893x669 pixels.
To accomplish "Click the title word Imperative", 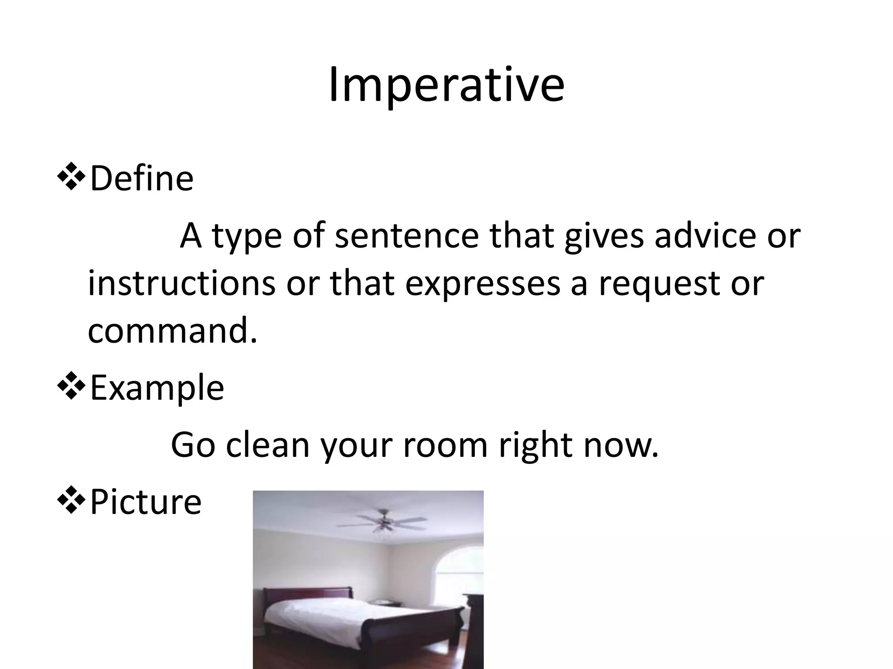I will click(446, 85).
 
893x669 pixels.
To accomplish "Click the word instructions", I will click(181, 284).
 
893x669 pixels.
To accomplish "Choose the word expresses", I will click(482, 284).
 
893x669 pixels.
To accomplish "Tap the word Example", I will click(157, 388).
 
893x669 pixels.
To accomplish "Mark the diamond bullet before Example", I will click(70, 387).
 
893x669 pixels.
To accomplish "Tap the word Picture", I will click(146, 502).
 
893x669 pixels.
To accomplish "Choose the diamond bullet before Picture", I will click(70, 501).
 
